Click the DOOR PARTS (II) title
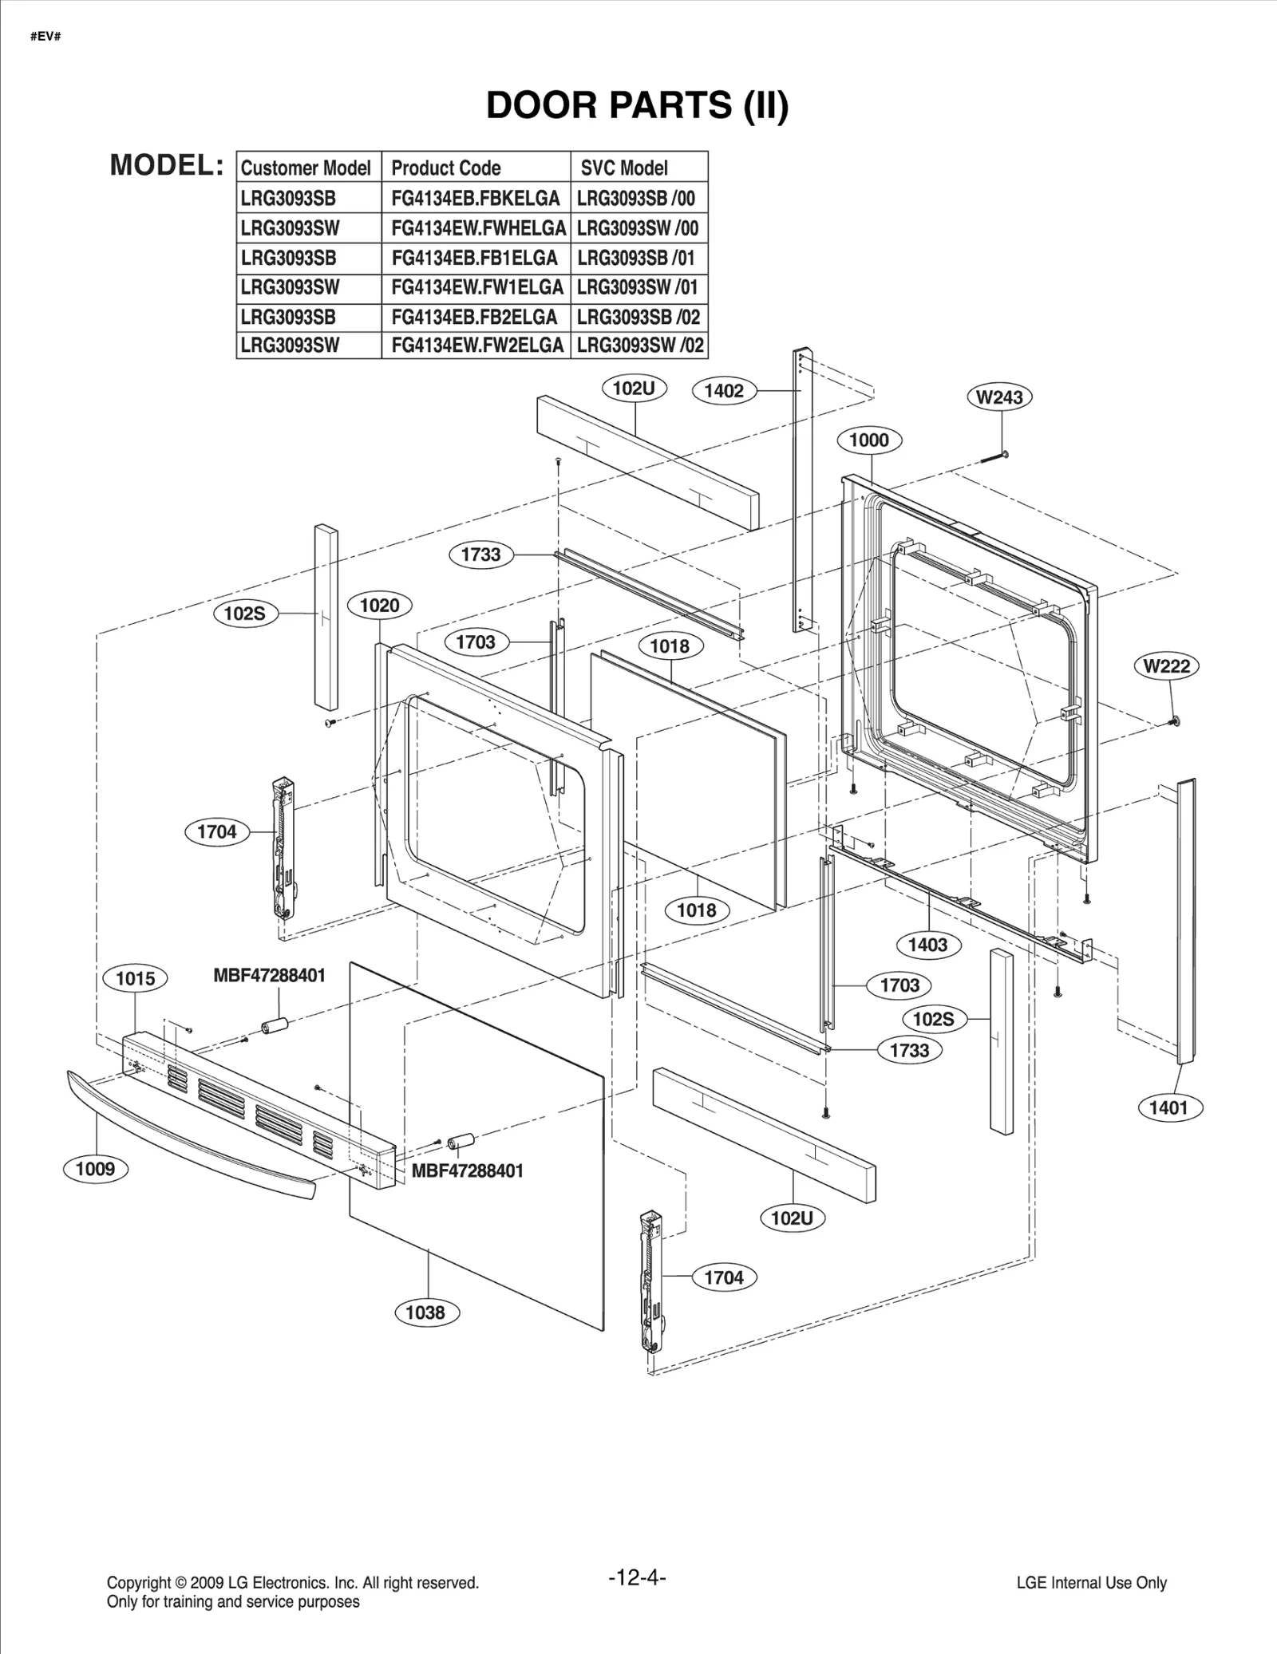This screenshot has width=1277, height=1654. pyautogui.click(x=637, y=105)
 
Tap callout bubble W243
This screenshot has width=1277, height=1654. pyautogui.click(x=999, y=397)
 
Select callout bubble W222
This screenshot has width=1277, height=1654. pyautogui.click(x=1166, y=666)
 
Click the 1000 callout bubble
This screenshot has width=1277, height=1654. pyautogui.click(x=868, y=440)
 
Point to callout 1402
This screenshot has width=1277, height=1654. pyautogui.click(x=724, y=391)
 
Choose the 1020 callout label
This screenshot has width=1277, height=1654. pyautogui.click(x=379, y=606)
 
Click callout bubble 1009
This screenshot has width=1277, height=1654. pyautogui.click(x=95, y=1170)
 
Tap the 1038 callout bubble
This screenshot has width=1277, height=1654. pyautogui.click(x=425, y=1313)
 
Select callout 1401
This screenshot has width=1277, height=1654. pyautogui.click(x=1168, y=1107)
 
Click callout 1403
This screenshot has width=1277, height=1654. pyautogui.click(x=927, y=945)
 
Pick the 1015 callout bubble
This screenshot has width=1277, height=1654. pyautogui.click(x=135, y=979)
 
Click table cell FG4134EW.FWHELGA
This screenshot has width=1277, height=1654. pyautogui.click(x=477, y=228)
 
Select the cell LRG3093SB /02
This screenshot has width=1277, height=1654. pyautogui.click(x=638, y=317)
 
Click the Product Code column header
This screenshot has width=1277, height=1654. pyautogui.click(x=445, y=168)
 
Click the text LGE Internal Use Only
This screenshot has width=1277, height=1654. pyautogui.click(x=1091, y=1583)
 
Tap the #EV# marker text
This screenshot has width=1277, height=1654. pyautogui.click(x=45, y=37)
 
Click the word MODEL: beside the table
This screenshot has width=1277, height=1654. pyautogui.click(x=166, y=165)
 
